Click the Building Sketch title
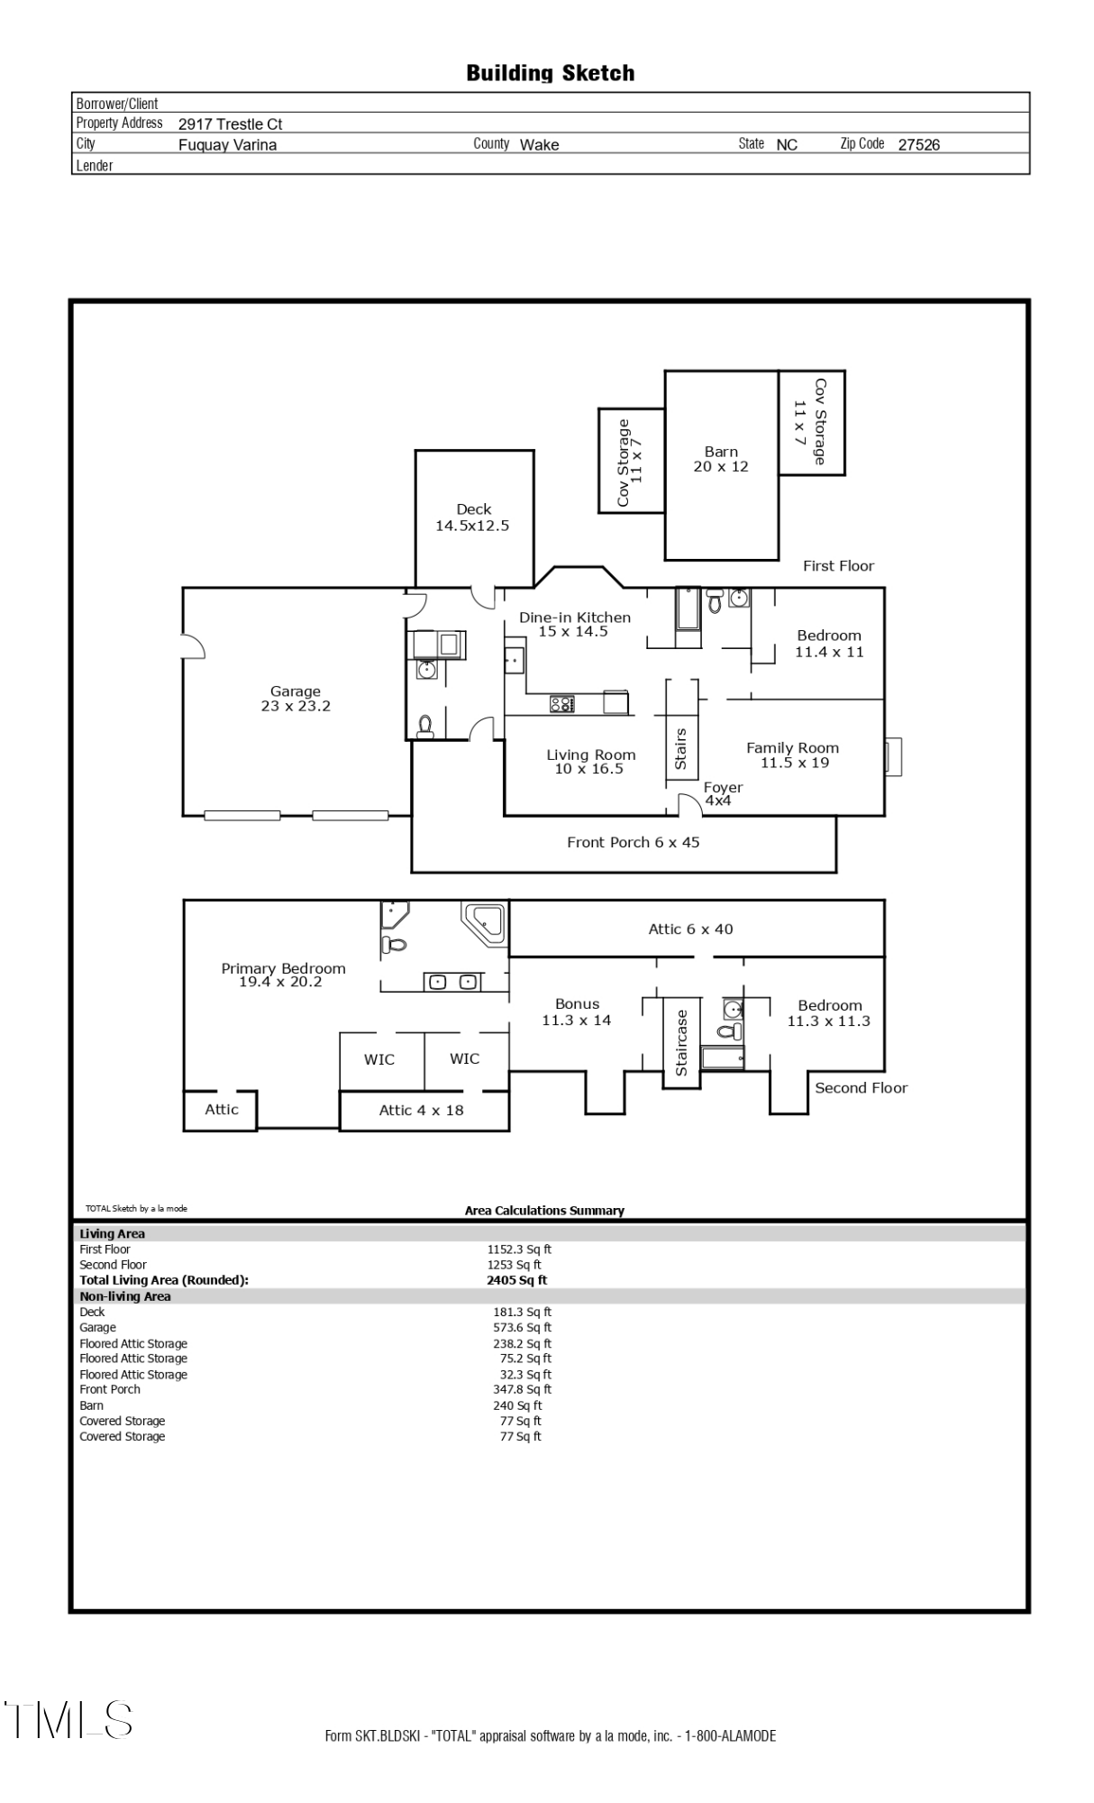click(550, 73)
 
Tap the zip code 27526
click(918, 145)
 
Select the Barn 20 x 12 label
click(721, 459)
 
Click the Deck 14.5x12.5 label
click(473, 517)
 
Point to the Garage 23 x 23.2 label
click(296, 699)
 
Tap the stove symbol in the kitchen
click(562, 704)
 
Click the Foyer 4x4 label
click(722, 793)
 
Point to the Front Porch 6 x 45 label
click(633, 842)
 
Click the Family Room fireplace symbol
click(892, 756)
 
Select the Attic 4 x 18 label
click(421, 1111)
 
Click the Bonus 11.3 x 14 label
click(577, 1011)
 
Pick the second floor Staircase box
click(681, 1042)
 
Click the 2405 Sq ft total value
click(516, 1280)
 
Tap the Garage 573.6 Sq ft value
click(522, 1327)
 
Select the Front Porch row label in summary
click(110, 1389)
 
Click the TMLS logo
click(68, 1719)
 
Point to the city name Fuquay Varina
click(227, 145)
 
